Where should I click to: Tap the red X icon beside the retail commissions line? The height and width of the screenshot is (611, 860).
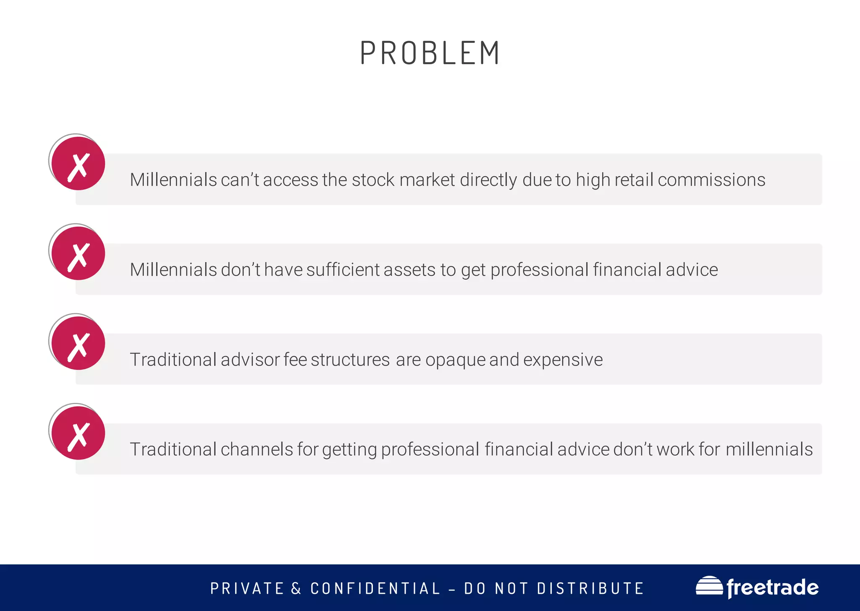click(x=78, y=164)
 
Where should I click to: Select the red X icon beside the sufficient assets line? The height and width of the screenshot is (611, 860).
click(x=78, y=253)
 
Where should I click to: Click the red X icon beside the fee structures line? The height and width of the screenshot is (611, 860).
click(x=78, y=343)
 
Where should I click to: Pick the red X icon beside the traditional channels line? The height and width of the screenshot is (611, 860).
click(x=78, y=433)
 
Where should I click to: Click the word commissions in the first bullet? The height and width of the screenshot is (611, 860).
click(x=711, y=180)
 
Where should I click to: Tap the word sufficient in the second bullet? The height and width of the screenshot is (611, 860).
click(x=343, y=270)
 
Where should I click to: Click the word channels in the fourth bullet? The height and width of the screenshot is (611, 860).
click(x=257, y=449)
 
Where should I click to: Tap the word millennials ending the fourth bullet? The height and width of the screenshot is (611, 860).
click(x=769, y=449)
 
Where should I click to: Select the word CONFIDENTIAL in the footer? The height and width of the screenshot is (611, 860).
click(x=375, y=588)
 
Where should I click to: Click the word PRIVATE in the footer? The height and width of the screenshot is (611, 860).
click(x=247, y=588)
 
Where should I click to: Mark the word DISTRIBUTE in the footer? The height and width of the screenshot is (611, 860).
click(x=590, y=588)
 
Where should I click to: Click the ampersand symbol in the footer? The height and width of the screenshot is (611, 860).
click(x=296, y=588)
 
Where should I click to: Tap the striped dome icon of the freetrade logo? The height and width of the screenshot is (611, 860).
click(x=709, y=586)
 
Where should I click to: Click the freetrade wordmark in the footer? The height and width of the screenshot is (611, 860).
click(x=772, y=587)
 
